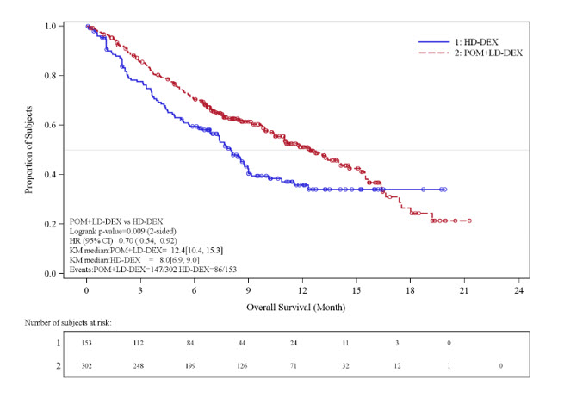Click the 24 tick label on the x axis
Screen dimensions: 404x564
518,292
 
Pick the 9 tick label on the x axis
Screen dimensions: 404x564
249,292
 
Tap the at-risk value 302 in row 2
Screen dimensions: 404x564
87,366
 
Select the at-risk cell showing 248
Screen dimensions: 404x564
141,366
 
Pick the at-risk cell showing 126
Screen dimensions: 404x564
249,366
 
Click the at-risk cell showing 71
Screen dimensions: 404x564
303,366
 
